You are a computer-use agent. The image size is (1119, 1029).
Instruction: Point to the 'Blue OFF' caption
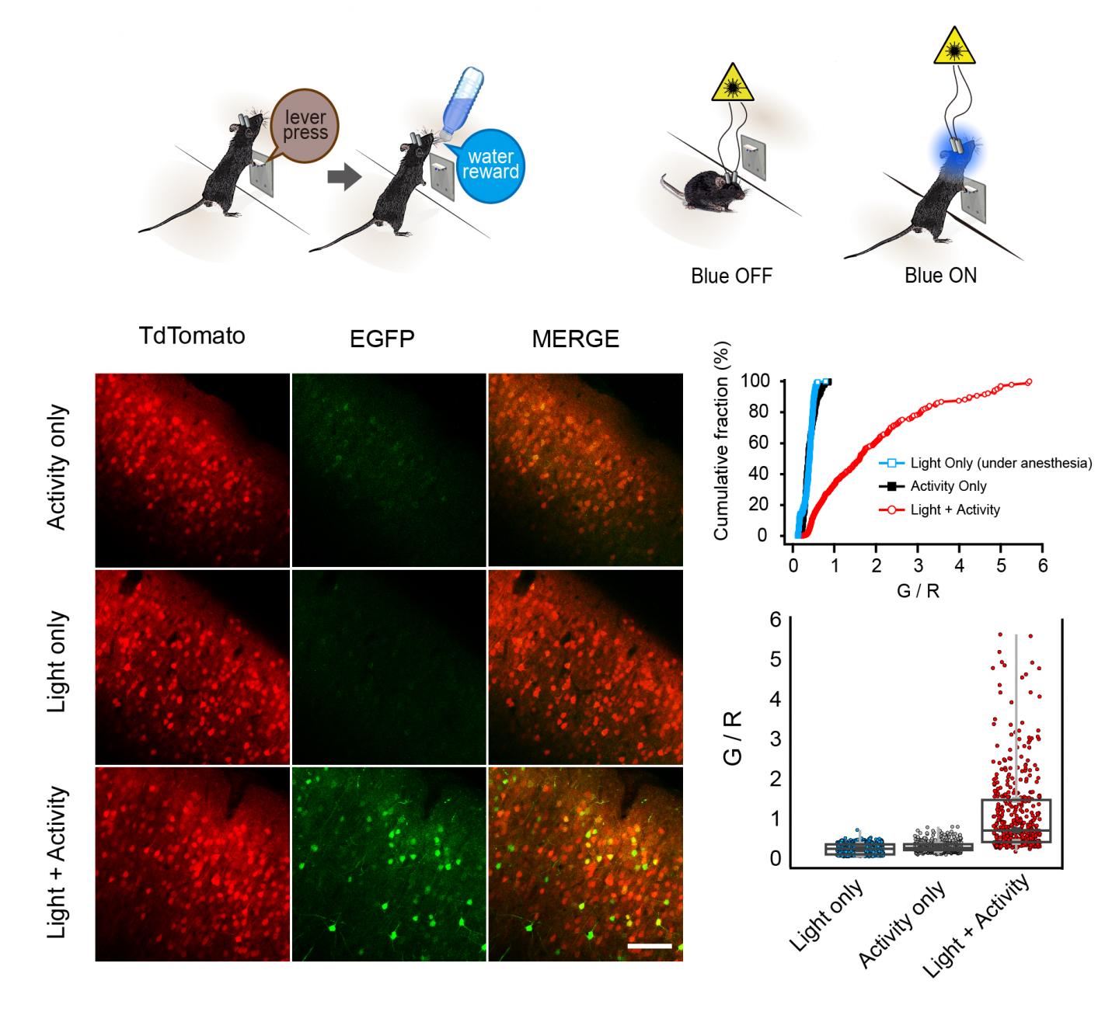tap(731, 276)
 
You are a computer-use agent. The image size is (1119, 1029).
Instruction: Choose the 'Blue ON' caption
tap(940, 276)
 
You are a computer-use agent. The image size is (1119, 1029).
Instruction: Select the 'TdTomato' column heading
tap(192, 335)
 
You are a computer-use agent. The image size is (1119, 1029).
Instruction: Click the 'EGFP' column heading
tap(382, 339)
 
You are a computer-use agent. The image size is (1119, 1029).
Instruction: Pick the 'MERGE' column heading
tap(576, 339)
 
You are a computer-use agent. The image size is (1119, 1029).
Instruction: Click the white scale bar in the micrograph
tap(650, 946)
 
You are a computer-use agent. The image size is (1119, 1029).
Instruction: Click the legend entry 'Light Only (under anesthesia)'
tap(1001, 464)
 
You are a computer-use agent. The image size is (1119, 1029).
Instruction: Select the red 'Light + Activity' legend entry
tap(954, 509)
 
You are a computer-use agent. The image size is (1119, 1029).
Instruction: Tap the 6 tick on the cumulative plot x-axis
tap(1043, 565)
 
